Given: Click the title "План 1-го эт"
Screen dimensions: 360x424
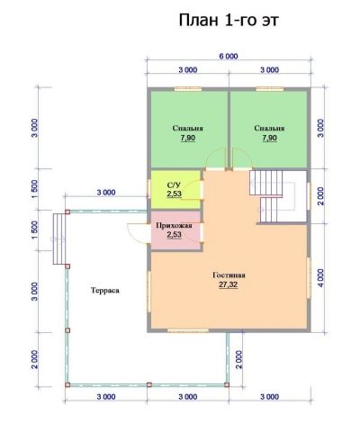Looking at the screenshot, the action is click(x=229, y=21).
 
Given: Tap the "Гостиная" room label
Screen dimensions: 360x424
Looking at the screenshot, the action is click(x=229, y=275).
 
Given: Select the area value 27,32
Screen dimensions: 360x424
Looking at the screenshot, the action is click(x=229, y=284).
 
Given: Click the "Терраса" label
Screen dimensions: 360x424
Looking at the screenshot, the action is click(x=105, y=291).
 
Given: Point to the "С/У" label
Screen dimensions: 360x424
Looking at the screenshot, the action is click(x=174, y=185).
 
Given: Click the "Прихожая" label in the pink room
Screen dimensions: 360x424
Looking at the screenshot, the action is click(x=174, y=225).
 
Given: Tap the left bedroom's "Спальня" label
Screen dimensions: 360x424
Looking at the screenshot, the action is click(x=188, y=128).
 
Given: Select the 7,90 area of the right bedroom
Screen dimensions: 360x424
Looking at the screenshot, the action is click(x=269, y=138).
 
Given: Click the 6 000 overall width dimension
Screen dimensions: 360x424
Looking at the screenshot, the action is click(x=229, y=56).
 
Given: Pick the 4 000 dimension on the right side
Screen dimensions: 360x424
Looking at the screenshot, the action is click(x=320, y=278).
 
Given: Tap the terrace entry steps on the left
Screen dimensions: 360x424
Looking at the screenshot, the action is click(x=59, y=239).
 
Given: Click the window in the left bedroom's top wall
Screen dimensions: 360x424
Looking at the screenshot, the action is click(x=188, y=89).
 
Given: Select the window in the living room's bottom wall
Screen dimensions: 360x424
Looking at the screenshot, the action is click(x=188, y=330).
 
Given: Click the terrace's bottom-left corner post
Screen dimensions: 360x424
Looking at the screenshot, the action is click(x=67, y=384).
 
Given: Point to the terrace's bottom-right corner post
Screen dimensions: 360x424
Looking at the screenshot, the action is click(x=227, y=384).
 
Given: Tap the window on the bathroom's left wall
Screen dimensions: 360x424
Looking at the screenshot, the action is click(x=148, y=188).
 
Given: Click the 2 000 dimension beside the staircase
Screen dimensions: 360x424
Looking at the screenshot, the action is click(x=320, y=196).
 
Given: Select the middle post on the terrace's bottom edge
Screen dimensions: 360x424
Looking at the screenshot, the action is click(x=149, y=384).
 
